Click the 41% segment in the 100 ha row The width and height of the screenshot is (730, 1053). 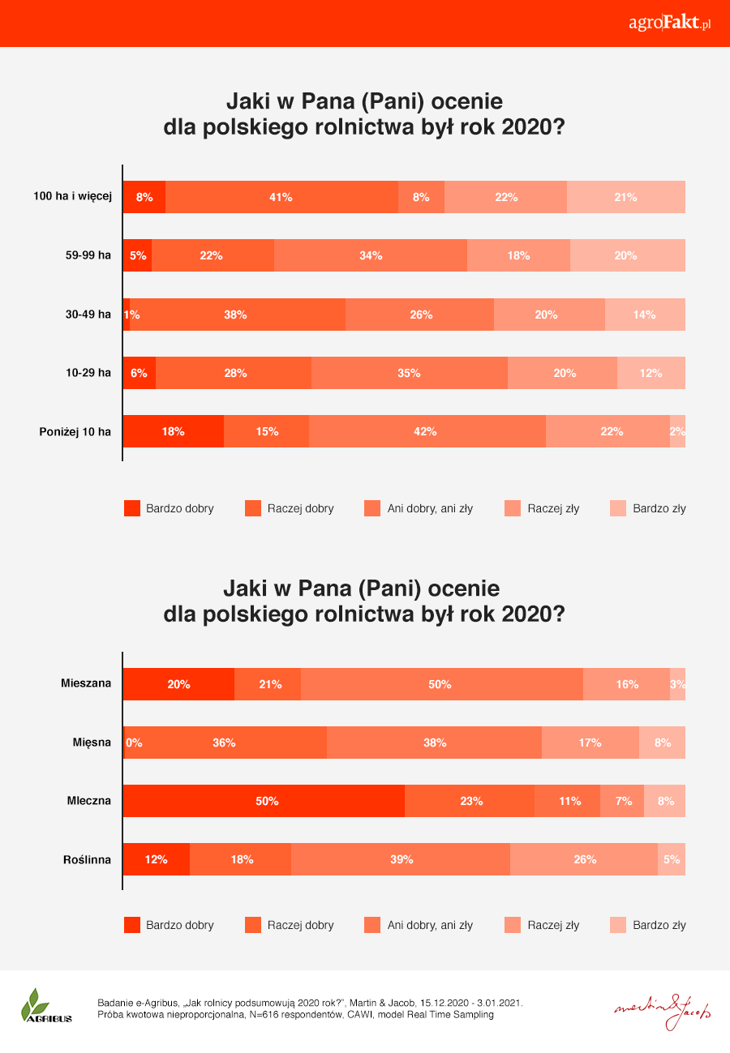281,197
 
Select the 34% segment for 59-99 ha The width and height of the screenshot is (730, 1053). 371,255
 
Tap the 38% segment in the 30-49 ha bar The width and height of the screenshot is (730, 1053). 237,315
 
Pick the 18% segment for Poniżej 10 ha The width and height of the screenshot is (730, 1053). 173,431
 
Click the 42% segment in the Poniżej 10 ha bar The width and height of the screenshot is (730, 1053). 427,431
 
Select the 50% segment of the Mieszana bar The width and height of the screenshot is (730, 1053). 441,684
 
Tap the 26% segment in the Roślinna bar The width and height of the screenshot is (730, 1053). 584,859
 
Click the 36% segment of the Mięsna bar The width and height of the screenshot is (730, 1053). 225,743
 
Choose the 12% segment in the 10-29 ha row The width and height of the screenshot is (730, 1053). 651,373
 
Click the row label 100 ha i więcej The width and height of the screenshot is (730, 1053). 72,197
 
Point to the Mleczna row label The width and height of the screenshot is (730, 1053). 88,801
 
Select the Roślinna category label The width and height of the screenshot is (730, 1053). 87,859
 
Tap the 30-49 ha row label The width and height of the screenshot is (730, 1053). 88,315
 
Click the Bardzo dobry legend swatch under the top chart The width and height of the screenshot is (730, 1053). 132,508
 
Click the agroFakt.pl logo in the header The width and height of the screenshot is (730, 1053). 669,23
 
